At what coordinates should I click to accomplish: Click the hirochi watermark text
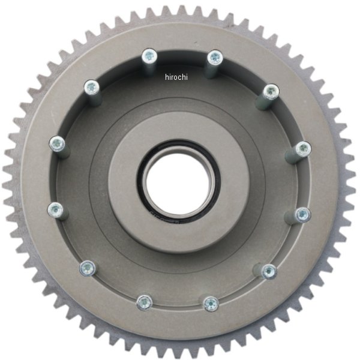tap(176, 77)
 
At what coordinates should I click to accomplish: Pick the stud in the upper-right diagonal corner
tap(271, 92)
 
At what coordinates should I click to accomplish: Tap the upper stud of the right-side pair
tap(303, 148)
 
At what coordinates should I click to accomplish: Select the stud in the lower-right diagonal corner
tap(269, 271)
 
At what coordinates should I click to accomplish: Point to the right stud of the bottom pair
tap(210, 304)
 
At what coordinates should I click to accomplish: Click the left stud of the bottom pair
tap(144, 302)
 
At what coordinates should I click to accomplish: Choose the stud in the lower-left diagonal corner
tap(88, 268)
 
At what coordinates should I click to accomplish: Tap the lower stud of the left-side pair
tap(55, 209)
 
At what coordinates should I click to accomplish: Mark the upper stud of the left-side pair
tap(57, 143)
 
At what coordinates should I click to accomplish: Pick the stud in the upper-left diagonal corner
tap(91, 87)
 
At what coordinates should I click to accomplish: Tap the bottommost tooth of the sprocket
tap(180, 352)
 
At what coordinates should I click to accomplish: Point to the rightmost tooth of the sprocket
tap(352, 180)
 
